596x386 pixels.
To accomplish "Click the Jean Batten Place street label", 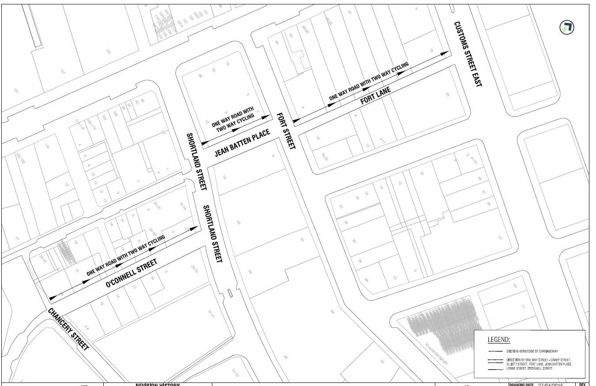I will [242, 143].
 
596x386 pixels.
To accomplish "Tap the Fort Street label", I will [286, 131].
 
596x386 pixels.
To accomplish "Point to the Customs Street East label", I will [467, 54].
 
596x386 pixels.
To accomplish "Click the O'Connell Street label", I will [132, 274].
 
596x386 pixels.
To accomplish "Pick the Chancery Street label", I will [69, 329].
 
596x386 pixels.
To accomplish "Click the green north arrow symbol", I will [567, 28].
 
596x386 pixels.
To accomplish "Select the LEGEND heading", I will [499, 340].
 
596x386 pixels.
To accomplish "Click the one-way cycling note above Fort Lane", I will [369, 82].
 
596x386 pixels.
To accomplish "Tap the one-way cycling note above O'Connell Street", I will [126, 255].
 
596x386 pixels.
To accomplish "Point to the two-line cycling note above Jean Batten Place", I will [234, 120].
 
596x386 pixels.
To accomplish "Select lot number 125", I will [108, 52].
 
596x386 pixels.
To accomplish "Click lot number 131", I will [63, 72].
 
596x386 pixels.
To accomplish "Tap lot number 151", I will [16, 91].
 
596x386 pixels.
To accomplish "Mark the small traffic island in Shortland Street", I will [230, 292].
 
